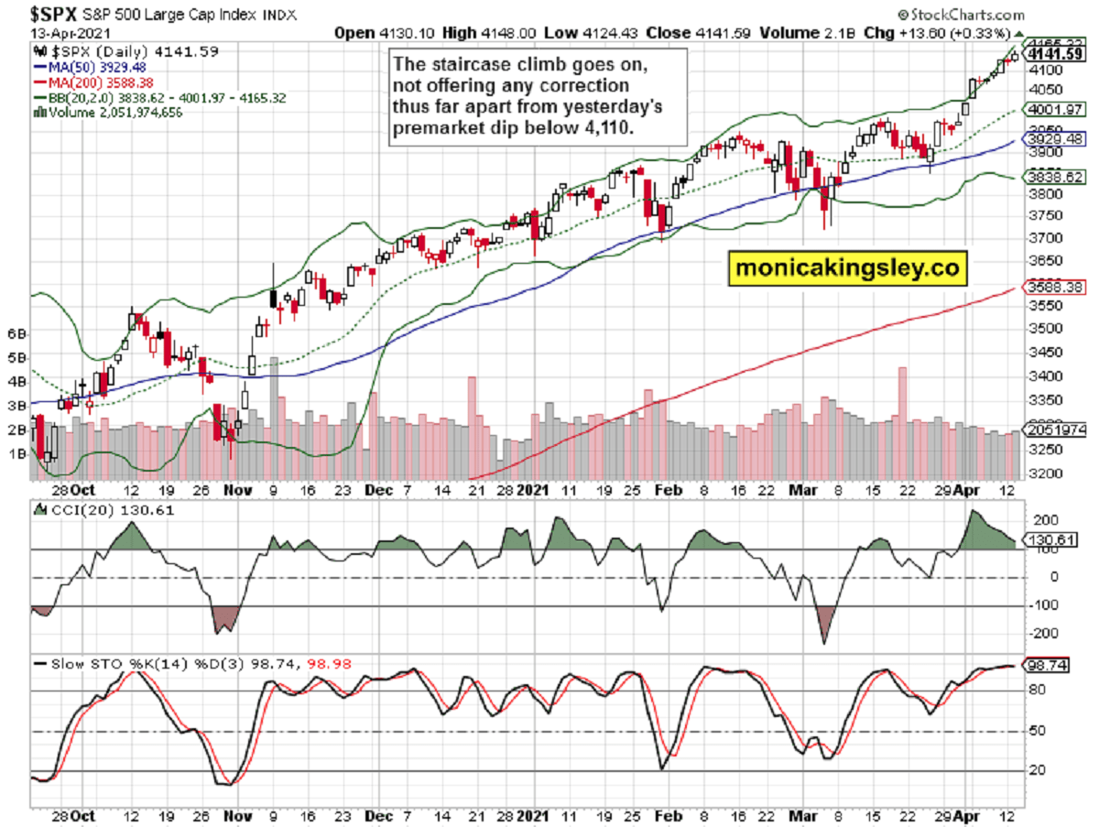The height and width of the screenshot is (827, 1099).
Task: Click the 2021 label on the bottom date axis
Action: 531,813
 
